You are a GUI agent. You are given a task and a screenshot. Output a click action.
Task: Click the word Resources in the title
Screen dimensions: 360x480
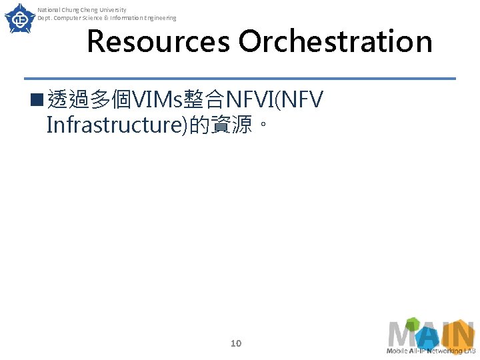point(159,41)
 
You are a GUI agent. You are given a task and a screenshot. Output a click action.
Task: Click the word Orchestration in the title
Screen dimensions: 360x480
point(335,41)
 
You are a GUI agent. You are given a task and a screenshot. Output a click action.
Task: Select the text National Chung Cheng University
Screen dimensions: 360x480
point(81,10)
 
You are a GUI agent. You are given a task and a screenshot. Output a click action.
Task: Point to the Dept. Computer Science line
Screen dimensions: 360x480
point(107,18)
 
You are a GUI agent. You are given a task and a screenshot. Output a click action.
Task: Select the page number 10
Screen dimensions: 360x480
point(235,343)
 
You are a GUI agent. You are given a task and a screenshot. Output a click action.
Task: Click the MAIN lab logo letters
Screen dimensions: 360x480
point(431,334)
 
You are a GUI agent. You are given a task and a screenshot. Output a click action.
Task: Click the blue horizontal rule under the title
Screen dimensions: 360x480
point(240,79)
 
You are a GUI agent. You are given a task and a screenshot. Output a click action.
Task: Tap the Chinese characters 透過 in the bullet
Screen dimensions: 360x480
point(69,101)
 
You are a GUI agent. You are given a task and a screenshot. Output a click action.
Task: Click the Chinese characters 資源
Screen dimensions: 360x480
point(231,125)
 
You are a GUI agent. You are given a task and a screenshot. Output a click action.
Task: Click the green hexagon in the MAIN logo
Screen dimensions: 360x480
point(413,323)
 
